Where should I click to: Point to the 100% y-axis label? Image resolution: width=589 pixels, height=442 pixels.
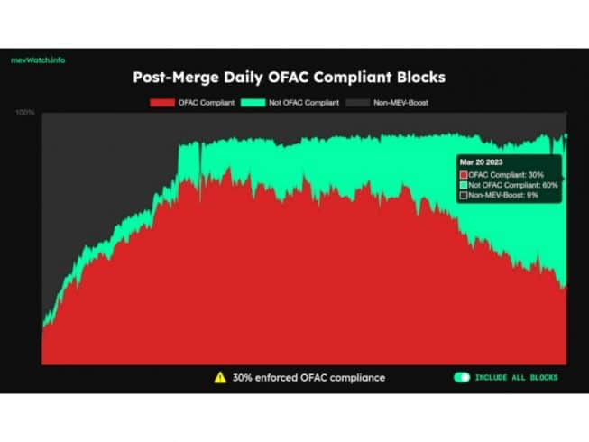coord(25,113)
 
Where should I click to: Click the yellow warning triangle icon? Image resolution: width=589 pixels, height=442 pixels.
coord(219,377)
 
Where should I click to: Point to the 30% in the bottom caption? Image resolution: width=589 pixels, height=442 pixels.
coord(244,377)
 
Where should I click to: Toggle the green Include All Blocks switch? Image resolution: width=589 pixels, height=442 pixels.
coord(461,377)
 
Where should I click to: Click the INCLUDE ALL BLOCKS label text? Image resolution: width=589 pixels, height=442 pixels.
coord(517,377)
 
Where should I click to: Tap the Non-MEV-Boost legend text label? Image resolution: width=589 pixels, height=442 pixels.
coord(401,103)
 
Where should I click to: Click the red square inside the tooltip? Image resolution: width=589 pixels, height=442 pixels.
coord(464,174)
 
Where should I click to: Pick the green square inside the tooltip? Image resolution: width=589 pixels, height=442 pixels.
coord(464,184)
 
